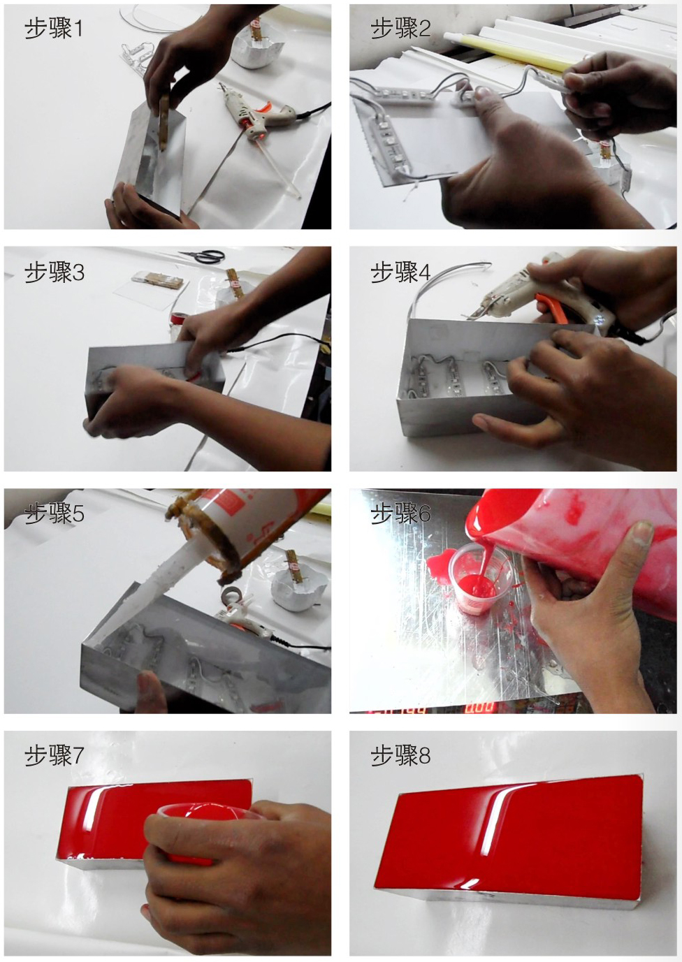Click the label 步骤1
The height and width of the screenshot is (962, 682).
pos(53,29)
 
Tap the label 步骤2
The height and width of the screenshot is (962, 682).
pos(400,29)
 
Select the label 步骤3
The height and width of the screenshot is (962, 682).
pos(54,272)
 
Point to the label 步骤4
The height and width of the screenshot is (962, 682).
pos(400,272)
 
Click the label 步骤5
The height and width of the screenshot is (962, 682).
pos(54,513)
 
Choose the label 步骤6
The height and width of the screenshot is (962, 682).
pos(400,513)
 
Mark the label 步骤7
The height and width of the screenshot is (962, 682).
pos(54,757)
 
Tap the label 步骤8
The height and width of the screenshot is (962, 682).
pos(400,757)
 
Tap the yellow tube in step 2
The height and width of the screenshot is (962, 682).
pos(507,52)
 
